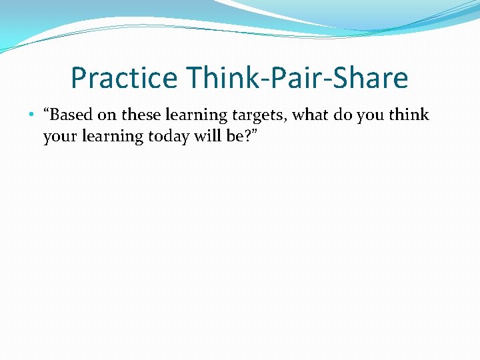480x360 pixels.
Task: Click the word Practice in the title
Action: click(x=125, y=78)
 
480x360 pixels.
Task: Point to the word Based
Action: click(x=71, y=115)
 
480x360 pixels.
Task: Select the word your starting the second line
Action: click(x=59, y=137)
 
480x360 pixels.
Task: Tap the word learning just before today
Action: click(x=111, y=137)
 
